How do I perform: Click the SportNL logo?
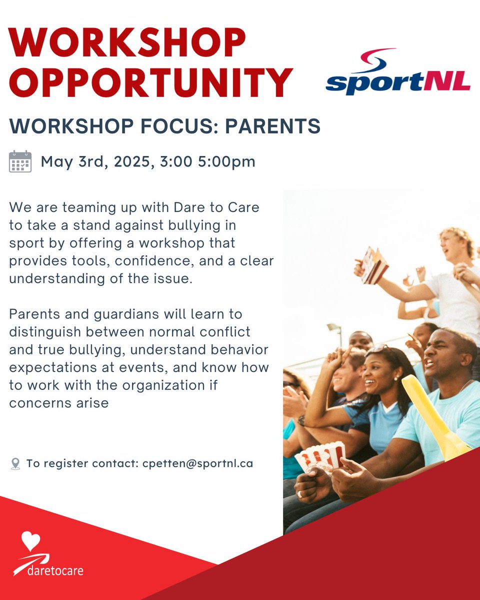coord(397,72)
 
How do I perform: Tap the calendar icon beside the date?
coord(20,161)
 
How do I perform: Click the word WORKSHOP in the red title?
coord(127,43)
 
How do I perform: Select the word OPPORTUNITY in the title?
coord(150,82)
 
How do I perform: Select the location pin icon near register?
coord(15,464)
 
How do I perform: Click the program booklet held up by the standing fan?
coord(374,265)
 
